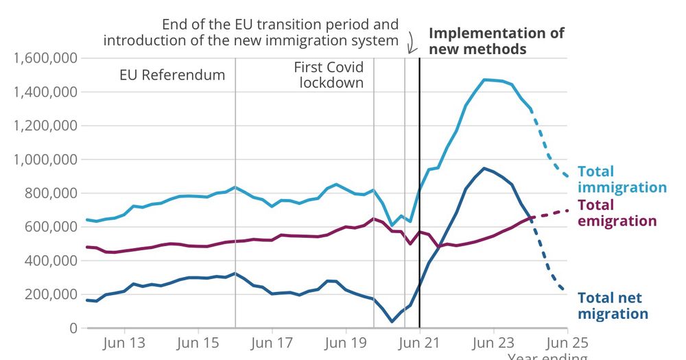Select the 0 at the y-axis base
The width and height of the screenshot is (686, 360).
72,328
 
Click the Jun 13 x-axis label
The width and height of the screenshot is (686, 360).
123,343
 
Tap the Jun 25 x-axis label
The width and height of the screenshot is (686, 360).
567,343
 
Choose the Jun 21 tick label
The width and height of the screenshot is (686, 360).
420,343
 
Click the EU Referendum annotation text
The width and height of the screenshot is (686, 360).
172,75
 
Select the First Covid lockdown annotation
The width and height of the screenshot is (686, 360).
329,75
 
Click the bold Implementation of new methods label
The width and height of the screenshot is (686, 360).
496,40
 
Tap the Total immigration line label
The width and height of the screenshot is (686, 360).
622,179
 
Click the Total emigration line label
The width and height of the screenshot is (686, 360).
617,213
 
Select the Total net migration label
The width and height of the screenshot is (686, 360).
613,306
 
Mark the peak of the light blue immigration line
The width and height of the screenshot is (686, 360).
485,80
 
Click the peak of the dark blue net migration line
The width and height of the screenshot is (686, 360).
484,168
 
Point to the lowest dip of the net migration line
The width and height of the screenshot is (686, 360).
392,321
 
